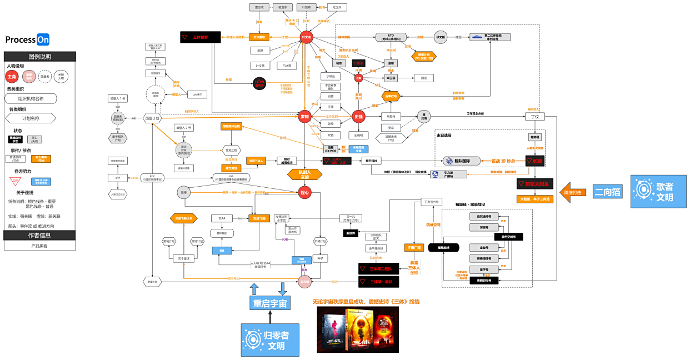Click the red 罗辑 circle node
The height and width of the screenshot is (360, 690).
click(x=304, y=117)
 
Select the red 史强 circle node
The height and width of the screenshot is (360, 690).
click(x=358, y=117)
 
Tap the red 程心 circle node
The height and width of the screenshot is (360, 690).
click(x=304, y=192)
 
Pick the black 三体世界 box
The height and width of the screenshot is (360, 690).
click(x=201, y=37)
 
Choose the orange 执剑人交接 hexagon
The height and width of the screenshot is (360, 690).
click(x=304, y=175)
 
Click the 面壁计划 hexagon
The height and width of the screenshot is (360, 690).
click(x=152, y=118)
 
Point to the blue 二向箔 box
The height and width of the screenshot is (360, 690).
click(x=607, y=192)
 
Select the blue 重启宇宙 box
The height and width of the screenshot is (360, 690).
click(x=269, y=303)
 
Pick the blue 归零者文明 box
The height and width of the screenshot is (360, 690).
click(x=269, y=339)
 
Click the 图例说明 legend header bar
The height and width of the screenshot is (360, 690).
click(x=39, y=57)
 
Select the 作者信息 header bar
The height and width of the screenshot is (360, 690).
click(x=39, y=235)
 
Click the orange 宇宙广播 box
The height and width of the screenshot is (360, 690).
click(x=413, y=248)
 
